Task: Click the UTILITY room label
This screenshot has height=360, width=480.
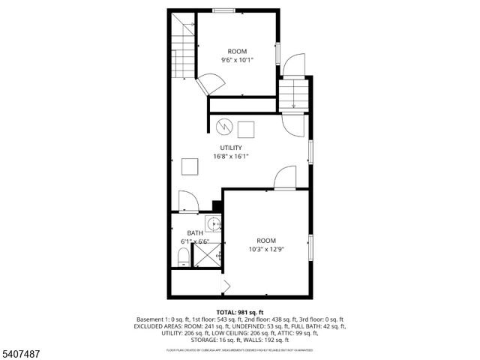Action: tap(230, 148)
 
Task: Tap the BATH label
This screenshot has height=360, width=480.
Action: tap(195, 233)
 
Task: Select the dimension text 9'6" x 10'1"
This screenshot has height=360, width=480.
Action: tap(237, 60)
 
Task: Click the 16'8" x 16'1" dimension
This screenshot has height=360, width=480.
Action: tap(230, 157)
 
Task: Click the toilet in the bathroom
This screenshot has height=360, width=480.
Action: tap(182, 259)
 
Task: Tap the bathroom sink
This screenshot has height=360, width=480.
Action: tap(214, 223)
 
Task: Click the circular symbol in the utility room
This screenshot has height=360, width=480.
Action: tap(223, 126)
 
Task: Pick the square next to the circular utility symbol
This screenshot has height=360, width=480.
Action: tap(245, 128)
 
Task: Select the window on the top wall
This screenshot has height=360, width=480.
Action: tap(222, 10)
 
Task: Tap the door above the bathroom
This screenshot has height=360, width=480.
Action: tap(187, 202)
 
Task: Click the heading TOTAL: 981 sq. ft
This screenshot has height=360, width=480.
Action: tap(238, 311)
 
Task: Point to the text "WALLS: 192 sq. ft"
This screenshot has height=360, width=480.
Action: tap(276, 340)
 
